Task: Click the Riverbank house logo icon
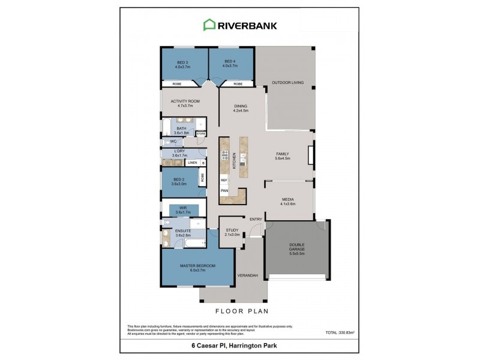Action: click(209, 25)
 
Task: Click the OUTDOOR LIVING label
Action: click(285, 83)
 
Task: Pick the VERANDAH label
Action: click(248, 275)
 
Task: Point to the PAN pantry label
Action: click(224, 191)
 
